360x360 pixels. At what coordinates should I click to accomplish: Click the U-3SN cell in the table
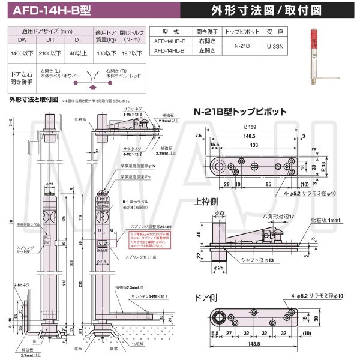pyautogui.click(x=275, y=47)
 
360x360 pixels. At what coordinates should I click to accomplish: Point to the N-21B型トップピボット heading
pyautogui.click(x=235, y=111)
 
